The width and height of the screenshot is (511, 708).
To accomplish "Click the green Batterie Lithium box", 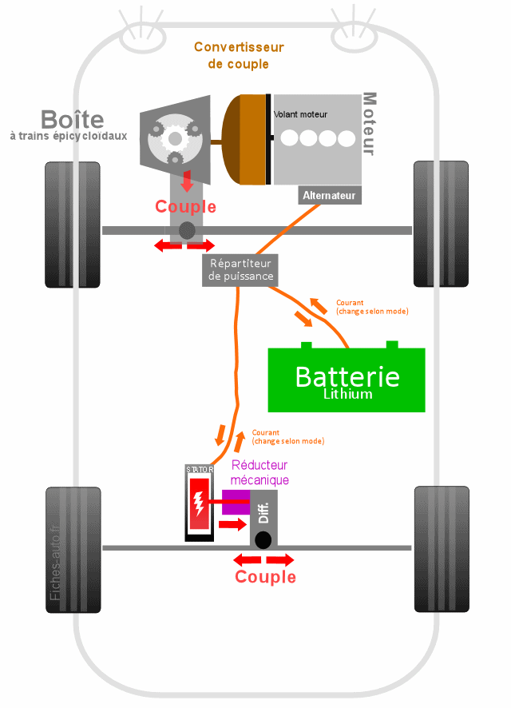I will (346, 380).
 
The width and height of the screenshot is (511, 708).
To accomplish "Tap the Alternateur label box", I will (330, 195).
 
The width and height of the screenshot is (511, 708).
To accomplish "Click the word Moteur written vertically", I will (368, 124).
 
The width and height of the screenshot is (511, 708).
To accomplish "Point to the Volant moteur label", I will (300, 114).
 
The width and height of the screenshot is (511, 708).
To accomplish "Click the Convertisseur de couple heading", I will (239, 55).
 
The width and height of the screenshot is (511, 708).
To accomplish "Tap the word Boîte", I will (72, 120).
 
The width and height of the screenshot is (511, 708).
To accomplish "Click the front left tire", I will (73, 225).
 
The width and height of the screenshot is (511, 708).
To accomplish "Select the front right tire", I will (439, 224).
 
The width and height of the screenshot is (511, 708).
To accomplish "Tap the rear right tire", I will (439, 548).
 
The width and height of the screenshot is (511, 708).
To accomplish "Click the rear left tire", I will (73, 550).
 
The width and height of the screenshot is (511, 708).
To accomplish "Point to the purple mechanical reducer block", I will (236, 503).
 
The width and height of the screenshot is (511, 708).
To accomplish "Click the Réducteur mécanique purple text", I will (259, 472).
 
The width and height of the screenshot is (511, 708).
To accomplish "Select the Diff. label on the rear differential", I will (264, 512).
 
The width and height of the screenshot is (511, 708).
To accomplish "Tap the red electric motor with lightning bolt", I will (199, 504).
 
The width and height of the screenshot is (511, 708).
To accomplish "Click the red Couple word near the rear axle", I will (265, 577).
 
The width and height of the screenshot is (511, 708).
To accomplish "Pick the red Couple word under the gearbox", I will (185, 207).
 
